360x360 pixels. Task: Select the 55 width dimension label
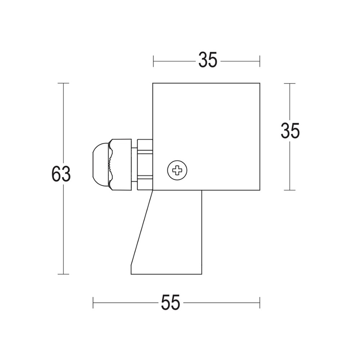click(x=170, y=302)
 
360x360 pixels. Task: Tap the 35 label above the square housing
click(x=208, y=60)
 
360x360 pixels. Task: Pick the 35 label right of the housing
click(x=290, y=131)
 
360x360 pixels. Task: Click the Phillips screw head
click(x=177, y=170)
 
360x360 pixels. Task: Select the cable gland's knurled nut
click(x=121, y=164)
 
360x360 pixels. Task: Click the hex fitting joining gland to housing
click(x=145, y=164)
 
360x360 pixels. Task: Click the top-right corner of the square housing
click(x=259, y=83)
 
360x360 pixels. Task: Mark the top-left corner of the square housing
click(x=153, y=83)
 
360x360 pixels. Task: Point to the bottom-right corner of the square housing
click(x=259, y=190)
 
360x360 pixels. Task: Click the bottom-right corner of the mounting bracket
click(x=202, y=274)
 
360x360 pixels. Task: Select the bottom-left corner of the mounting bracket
click(x=131, y=274)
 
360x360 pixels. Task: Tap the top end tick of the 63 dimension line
click(x=63, y=83)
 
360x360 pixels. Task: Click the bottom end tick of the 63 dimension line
click(x=63, y=274)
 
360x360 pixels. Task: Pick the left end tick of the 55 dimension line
click(x=93, y=302)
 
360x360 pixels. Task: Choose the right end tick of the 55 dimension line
click(x=259, y=302)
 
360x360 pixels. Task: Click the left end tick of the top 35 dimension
click(x=153, y=61)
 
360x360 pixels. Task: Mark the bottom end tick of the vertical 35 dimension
click(x=290, y=190)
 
